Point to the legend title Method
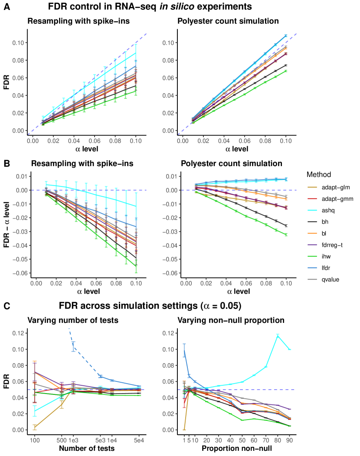[x=319, y=175]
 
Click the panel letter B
[x=7, y=163]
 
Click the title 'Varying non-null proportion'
[x=231, y=321]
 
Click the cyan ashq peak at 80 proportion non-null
[x=278, y=335]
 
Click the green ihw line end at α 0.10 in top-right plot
[x=286, y=71]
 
